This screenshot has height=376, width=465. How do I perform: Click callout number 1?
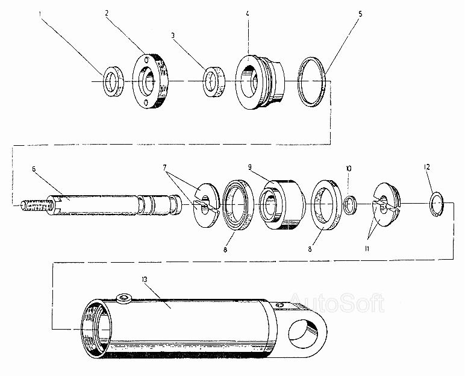40,13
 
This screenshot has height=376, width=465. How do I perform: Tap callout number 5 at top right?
360,14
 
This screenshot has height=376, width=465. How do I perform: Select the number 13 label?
145,279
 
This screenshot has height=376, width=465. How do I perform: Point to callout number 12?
426,168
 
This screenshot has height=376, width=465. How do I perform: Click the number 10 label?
349,169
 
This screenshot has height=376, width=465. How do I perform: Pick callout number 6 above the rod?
34,169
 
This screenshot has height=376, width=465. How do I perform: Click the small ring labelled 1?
113,81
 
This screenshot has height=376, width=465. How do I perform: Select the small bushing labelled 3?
214,81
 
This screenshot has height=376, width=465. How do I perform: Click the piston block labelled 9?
282,205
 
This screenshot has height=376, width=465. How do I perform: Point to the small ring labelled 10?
351,204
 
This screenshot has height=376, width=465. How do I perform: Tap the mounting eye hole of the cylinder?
305,334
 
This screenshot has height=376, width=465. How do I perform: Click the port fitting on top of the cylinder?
124,298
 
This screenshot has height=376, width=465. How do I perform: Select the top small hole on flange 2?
146,59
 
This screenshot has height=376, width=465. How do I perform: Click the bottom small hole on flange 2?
146,102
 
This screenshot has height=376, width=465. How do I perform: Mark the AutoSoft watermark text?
336,302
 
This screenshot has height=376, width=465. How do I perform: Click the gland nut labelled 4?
260,81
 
